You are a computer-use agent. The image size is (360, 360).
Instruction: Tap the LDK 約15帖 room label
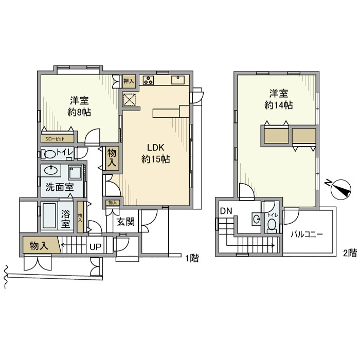[155, 153]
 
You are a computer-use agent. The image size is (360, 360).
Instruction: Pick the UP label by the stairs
[96, 247]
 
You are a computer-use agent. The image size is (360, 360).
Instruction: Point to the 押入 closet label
[129, 80]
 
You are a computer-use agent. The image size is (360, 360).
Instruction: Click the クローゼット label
[53, 138]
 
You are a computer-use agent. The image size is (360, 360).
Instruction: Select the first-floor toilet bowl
[50, 154]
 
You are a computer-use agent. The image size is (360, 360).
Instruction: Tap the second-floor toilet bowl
[271, 225]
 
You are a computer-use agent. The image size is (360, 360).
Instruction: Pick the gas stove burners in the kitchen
[148, 80]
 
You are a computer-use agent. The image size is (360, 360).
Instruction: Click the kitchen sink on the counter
[178, 80]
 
